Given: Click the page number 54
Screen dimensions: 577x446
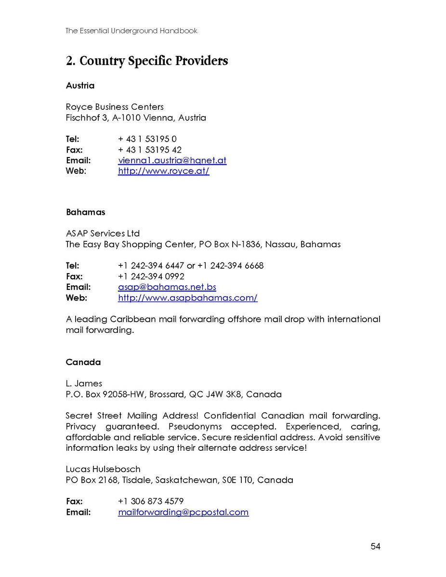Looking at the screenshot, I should (x=375, y=546).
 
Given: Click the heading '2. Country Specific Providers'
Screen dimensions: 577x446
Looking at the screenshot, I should (x=147, y=61).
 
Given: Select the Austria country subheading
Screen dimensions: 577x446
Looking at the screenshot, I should (x=80, y=86).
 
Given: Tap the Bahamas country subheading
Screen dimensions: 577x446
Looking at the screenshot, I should (x=85, y=212).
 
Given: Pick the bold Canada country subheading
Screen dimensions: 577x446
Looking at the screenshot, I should (x=83, y=362).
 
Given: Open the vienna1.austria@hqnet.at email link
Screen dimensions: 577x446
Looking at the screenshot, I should (x=172, y=160).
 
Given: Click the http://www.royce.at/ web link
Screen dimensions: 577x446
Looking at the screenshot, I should (x=163, y=171).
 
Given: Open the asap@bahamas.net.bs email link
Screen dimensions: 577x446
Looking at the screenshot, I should (x=167, y=287).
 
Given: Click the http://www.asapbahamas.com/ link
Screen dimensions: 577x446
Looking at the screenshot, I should (x=187, y=298).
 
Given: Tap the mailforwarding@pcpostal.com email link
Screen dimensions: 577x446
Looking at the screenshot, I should (x=183, y=512).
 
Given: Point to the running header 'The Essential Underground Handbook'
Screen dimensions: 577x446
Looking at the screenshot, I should (x=131, y=31).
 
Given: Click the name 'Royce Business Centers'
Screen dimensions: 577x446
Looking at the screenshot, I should (x=115, y=107).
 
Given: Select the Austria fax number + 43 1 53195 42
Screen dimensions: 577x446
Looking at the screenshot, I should (x=150, y=150).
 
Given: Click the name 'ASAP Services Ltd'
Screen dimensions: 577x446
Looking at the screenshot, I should (x=103, y=234).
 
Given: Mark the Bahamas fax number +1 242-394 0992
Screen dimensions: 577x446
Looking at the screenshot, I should (x=151, y=276).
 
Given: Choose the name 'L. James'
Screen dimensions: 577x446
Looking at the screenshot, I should (x=84, y=383).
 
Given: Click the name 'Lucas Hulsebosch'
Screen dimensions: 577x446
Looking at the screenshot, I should (x=103, y=469).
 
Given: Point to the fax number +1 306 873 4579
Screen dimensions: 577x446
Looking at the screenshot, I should (x=151, y=501).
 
